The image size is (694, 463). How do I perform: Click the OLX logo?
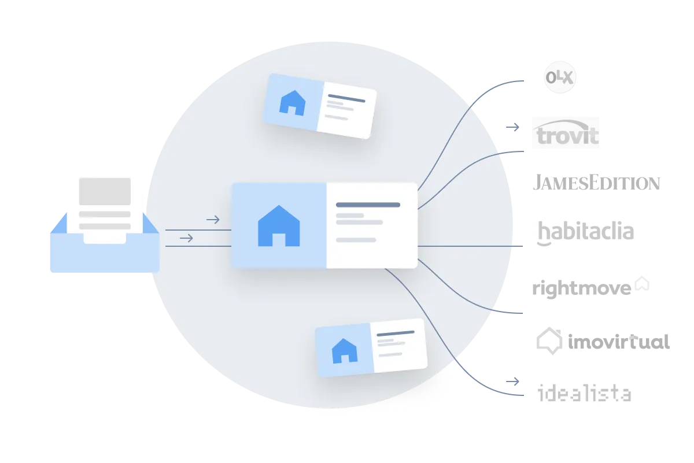click(560, 77)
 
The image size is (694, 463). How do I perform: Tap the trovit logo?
click(566, 132)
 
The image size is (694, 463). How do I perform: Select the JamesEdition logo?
click(596, 182)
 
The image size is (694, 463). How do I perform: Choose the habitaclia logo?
click(585, 233)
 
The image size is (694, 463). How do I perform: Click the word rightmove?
click(582, 288)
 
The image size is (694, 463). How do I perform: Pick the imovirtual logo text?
click(619, 342)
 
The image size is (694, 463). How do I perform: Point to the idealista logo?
click(584, 392)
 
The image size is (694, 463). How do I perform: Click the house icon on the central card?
click(279, 226)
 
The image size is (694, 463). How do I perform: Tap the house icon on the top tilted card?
click(293, 103)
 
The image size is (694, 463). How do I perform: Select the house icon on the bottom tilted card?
click(345, 351)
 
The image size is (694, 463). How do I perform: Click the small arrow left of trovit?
click(512, 127)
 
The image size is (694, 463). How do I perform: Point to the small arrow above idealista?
click(512, 381)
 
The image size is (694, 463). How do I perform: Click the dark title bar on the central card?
click(368, 205)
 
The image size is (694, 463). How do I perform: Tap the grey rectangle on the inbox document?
click(105, 191)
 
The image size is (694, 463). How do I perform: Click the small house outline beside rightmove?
click(642, 283)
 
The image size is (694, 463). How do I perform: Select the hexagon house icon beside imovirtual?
click(549, 340)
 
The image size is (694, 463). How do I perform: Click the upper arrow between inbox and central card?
click(213, 220)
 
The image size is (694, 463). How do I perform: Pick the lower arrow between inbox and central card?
click(186, 238)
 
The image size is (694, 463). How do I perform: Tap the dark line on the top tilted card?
click(346, 98)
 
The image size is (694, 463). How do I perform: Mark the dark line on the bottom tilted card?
click(396, 334)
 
